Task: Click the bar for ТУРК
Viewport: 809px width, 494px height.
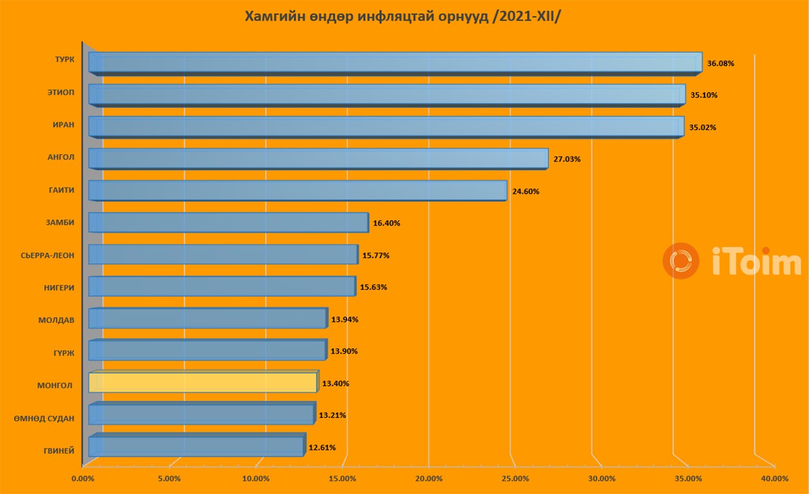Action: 395,63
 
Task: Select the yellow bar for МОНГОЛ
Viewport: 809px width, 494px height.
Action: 202,382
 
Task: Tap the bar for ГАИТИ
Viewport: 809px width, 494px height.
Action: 297,191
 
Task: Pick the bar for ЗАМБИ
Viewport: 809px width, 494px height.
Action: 228,222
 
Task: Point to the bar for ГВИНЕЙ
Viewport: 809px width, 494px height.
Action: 196,447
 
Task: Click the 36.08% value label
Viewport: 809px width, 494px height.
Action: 720,63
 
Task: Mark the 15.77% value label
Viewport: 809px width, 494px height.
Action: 376,255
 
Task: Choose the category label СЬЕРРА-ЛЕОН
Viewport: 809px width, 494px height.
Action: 47,255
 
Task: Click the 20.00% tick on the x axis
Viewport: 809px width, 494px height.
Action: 428,479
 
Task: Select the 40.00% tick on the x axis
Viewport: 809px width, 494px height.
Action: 774,479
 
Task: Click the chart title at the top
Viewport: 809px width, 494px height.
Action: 403,16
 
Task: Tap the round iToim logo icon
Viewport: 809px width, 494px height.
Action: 680,262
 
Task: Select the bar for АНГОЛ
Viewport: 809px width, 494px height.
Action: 318,159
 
